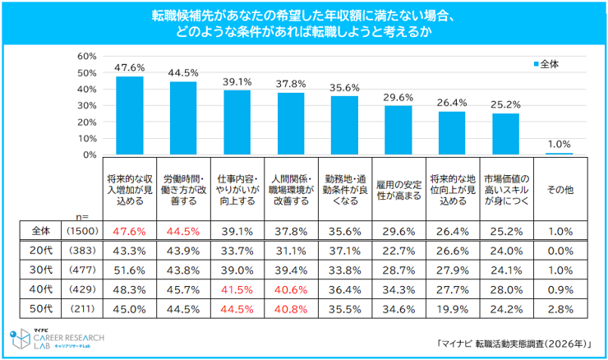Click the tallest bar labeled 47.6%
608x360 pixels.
point(130,116)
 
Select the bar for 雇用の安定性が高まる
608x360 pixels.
point(398,131)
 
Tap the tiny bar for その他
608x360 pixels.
point(560,154)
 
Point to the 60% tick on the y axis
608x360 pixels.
point(87,56)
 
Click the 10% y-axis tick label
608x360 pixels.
point(87,138)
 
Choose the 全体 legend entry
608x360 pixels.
point(546,64)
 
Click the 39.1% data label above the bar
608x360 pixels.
point(237,82)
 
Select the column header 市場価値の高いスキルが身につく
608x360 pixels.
point(506,190)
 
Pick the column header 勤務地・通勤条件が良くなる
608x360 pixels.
point(345,190)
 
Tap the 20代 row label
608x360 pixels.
point(41,251)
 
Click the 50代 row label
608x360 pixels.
point(41,309)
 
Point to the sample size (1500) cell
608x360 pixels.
point(82,231)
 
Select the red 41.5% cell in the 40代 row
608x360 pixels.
point(237,290)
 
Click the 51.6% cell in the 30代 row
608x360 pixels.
point(130,270)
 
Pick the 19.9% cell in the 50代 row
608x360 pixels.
point(452,309)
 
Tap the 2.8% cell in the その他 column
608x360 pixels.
point(560,309)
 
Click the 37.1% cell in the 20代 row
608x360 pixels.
point(345,251)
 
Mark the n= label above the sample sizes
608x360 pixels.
point(82,216)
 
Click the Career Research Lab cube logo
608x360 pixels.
point(21,339)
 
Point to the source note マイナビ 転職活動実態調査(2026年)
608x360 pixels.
point(514,344)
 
